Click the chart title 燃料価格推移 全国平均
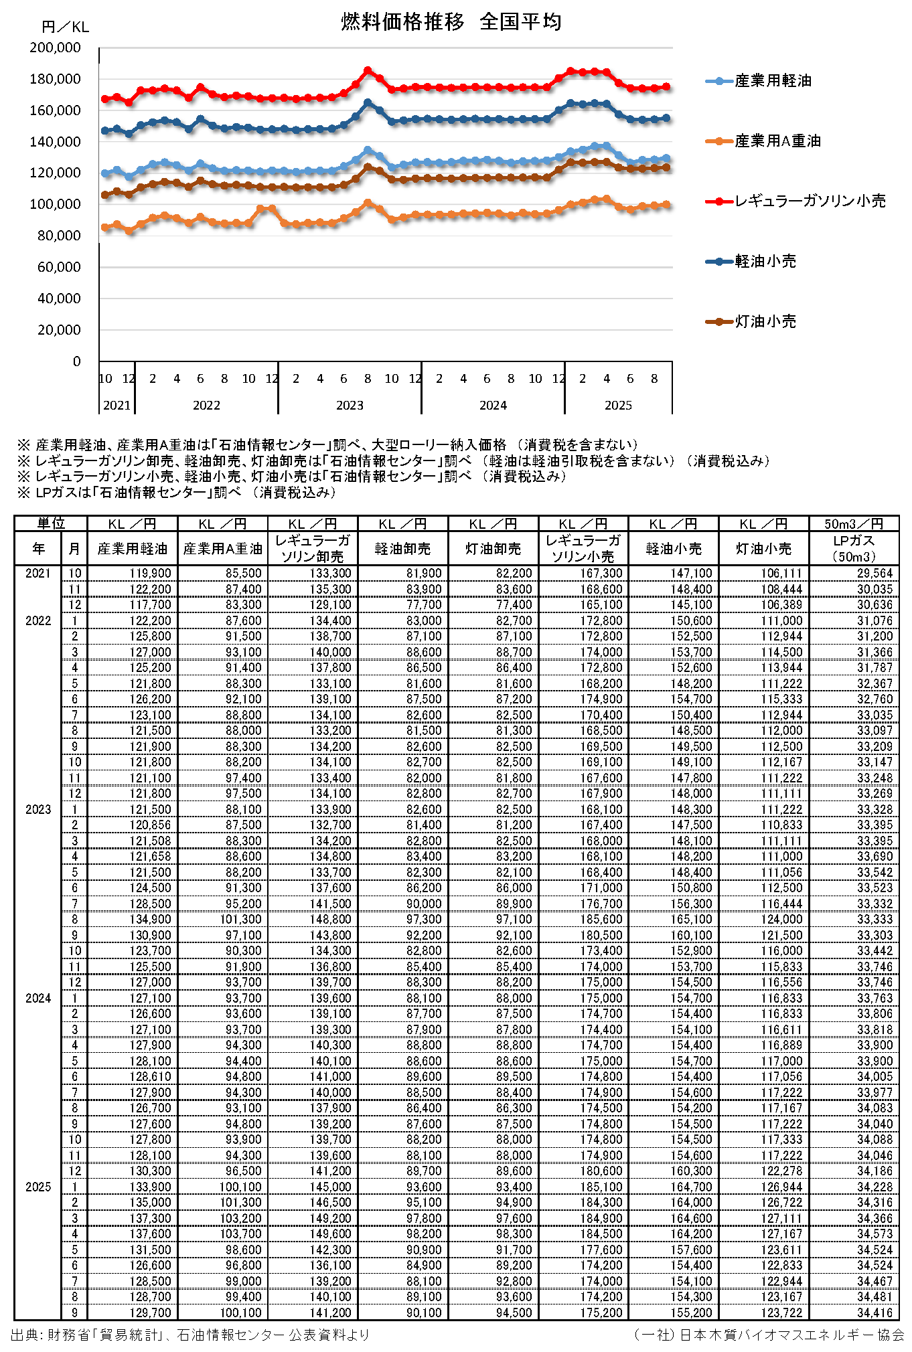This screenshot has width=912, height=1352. pyautogui.click(x=451, y=21)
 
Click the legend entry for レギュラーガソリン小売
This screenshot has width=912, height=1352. pyautogui.click(x=809, y=201)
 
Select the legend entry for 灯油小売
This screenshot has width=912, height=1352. pyautogui.click(x=765, y=321)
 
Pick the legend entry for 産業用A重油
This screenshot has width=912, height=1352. pyautogui.click(x=777, y=141)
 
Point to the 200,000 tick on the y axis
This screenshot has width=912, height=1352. pyautogui.click(x=55, y=48)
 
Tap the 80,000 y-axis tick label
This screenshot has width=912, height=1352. pyautogui.click(x=59, y=236)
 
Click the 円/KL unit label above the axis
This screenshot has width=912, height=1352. pyautogui.click(x=65, y=27)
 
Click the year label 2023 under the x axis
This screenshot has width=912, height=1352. pyautogui.click(x=350, y=405)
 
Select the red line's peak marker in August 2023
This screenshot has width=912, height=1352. pyautogui.click(x=368, y=70)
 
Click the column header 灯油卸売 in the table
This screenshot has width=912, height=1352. pyautogui.click(x=493, y=549)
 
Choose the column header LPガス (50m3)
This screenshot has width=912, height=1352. pyautogui.click(x=853, y=549)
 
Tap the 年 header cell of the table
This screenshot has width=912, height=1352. pyautogui.click(x=38, y=549)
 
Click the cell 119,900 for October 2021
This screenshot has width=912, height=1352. pyautogui.click(x=151, y=574)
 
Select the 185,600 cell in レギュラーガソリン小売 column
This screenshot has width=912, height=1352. pyautogui.click(x=601, y=920)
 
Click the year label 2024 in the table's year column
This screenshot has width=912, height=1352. pyautogui.click(x=38, y=998)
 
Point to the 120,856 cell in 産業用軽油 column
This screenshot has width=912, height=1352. pyautogui.click(x=151, y=825)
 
